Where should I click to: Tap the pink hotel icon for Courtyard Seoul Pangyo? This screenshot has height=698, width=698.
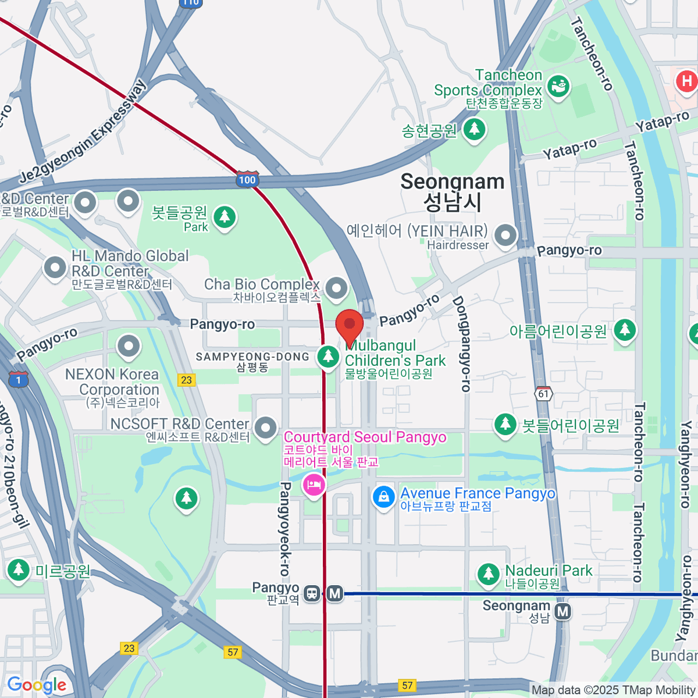tap(314, 485)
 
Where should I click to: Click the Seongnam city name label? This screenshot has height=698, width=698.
tap(452, 192)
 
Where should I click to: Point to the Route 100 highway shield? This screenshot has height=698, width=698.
tap(247, 180)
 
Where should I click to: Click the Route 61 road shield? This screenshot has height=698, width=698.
tap(543, 394)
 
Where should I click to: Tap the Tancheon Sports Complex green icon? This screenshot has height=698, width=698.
tap(558, 87)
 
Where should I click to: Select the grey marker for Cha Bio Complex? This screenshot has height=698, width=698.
tap(336, 287)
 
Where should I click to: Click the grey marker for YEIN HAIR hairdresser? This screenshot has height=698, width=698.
tap(505, 236)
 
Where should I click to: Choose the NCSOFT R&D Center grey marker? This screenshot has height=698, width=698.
tap(266, 428)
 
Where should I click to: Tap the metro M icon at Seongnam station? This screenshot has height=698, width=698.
tap(562, 611)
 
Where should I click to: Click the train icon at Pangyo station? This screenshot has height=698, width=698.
tap(312, 594)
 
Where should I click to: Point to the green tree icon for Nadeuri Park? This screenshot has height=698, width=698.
tap(488, 574)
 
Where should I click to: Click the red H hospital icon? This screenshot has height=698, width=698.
tap(686, 80)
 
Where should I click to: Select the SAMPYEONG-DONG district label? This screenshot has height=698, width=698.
tap(252, 357)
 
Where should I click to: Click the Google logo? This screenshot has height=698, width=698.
tap(37, 685)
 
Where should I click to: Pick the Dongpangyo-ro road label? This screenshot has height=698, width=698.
tap(461, 343)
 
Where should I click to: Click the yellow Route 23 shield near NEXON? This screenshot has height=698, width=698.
tap(186, 380)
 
